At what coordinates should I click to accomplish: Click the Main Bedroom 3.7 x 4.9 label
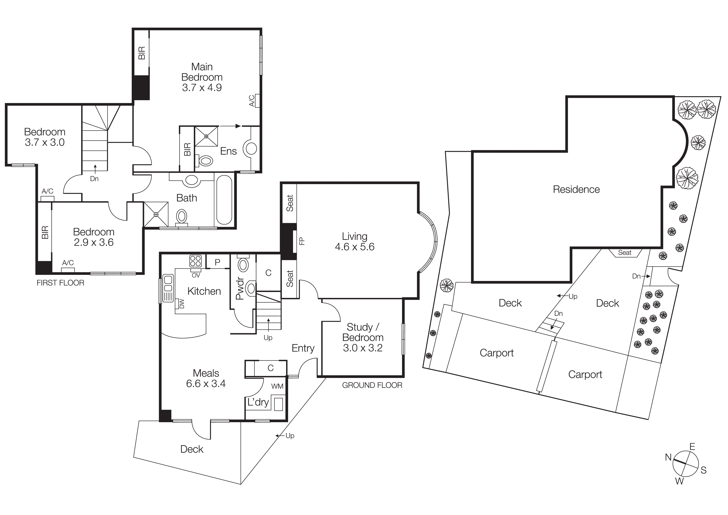[x=202, y=77]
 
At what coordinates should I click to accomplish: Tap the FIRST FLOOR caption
[x=60, y=283]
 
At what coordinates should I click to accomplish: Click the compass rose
[x=685, y=464]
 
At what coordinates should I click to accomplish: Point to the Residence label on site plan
[x=576, y=189]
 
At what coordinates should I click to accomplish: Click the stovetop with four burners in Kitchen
[x=195, y=261]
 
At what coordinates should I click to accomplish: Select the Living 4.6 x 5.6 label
[x=354, y=241]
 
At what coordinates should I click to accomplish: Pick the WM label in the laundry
[x=277, y=386]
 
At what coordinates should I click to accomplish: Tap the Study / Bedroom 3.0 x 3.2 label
[x=363, y=337]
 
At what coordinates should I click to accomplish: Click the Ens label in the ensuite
[x=228, y=151]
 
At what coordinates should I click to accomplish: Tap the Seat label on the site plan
[x=625, y=253]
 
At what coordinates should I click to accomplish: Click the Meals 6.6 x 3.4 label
[x=206, y=378]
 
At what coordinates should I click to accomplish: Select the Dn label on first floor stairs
[x=94, y=179]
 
